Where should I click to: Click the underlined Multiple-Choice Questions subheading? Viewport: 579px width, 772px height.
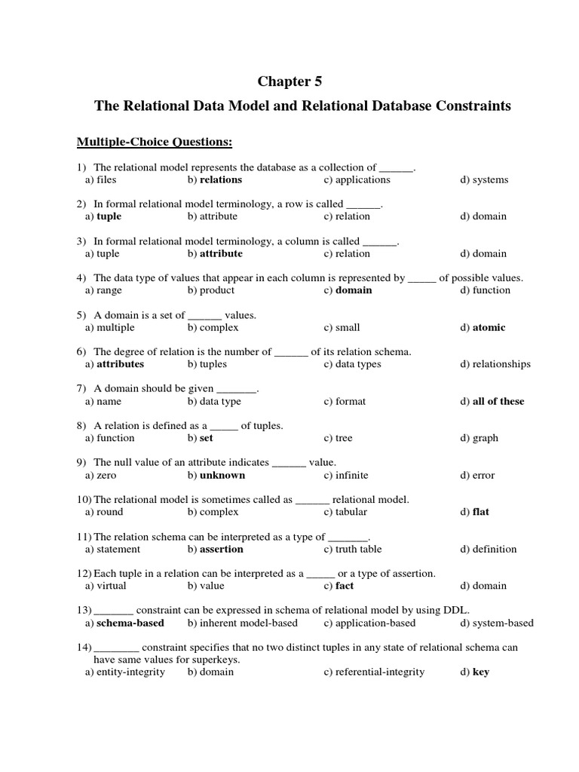tap(154, 142)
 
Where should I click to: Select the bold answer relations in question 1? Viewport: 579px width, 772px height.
tap(220, 179)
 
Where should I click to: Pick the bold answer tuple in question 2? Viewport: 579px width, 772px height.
tap(109, 216)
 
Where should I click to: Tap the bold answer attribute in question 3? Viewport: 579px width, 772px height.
tap(221, 253)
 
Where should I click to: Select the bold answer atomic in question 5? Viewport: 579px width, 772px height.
tap(489, 327)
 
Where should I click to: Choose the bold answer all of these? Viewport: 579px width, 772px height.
tap(498, 401)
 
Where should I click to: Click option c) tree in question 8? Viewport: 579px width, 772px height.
tap(344, 438)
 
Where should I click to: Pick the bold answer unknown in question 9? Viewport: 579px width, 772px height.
tap(222, 475)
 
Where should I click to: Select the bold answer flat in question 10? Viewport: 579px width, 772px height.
tap(480, 512)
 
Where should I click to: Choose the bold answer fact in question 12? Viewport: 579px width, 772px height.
tap(345, 586)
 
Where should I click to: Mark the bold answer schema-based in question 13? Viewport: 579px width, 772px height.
tap(130, 623)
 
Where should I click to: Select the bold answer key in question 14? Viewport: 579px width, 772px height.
tap(480, 672)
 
